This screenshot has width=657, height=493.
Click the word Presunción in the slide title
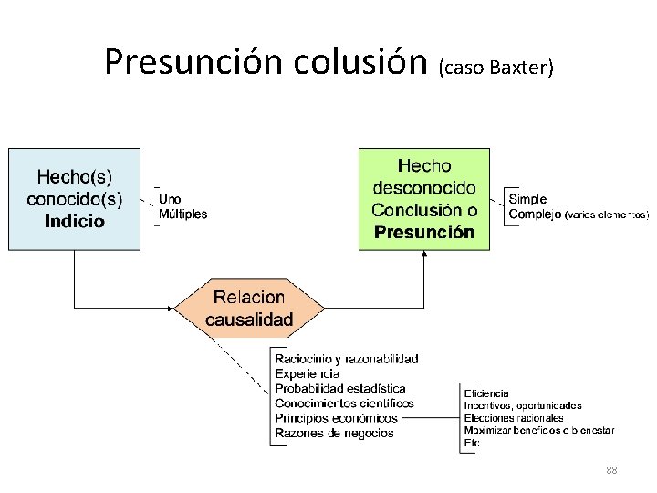(194, 62)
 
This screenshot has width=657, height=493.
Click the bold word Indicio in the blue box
(74, 221)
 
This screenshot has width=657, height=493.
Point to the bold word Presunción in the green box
(423, 232)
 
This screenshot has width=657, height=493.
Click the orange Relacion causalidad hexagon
(248, 308)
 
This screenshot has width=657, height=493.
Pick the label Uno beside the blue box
(170, 198)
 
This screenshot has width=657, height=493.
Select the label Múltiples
(182, 215)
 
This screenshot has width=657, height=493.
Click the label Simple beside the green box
(527, 199)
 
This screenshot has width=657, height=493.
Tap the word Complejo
(535, 215)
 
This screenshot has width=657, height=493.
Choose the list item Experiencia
(307, 373)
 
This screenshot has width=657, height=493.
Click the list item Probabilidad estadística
(339, 388)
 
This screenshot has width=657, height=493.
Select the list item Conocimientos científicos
(344, 403)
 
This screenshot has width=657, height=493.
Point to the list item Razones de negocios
(334, 433)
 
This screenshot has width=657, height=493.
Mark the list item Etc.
(472, 443)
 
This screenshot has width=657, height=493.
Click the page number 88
(611, 470)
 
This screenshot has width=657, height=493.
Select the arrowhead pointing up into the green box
(423, 255)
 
